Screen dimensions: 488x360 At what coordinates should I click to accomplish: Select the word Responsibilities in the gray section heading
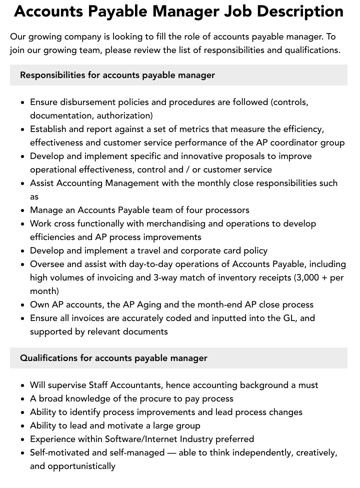[52, 75]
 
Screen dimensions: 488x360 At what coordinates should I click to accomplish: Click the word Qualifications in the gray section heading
[48, 358]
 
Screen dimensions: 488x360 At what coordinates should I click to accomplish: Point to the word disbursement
[88, 102]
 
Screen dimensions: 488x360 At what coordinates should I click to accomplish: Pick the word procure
[159, 398]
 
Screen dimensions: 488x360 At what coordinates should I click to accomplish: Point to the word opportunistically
[81, 466]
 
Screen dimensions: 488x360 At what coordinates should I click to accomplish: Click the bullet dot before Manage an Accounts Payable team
[22, 210]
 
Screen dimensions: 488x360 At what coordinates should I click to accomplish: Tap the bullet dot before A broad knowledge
[22, 399]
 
